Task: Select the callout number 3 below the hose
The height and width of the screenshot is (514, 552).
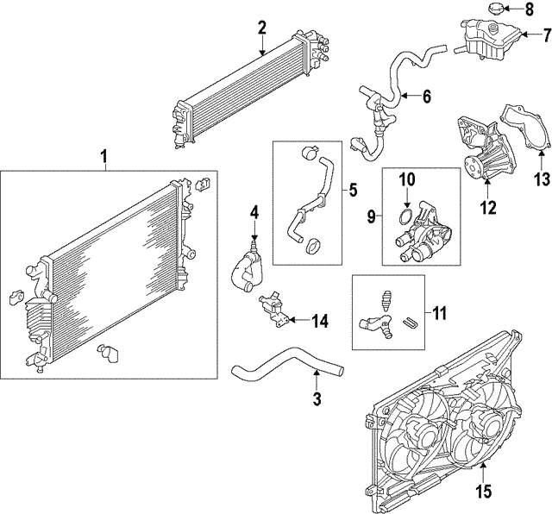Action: coord(317,398)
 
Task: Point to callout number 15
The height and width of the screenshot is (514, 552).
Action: coord(483,492)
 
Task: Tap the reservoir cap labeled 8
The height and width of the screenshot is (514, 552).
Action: coord(495,9)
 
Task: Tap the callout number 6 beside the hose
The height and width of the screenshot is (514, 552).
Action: coord(426,97)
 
